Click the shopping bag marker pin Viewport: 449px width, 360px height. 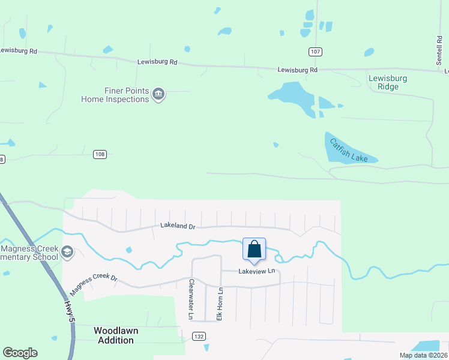tap(254, 250)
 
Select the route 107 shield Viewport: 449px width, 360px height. tap(315, 52)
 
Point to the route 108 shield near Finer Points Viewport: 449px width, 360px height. tap(100, 155)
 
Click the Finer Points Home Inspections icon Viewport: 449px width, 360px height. tap(159, 94)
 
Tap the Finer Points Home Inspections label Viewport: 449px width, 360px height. tap(118, 95)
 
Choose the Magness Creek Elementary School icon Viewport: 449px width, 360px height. tap(67, 253)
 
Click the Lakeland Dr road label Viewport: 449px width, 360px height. tap(178, 226)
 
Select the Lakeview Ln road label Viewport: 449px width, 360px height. tap(256, 271)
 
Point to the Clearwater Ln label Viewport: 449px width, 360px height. tap(191, 299)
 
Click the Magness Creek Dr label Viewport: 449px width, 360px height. tap(93, 284)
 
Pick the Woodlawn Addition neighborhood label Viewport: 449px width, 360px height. tap(114, 335)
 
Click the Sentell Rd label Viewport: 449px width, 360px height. tap(439, 50)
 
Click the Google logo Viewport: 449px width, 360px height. tap(20, 353)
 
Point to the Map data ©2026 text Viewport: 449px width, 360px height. tap(423, 355)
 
